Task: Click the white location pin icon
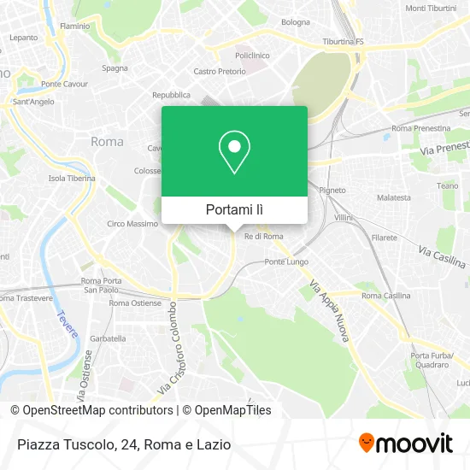coord(234,153)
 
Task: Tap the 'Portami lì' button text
coord(234,209)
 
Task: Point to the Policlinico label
coord(251,54)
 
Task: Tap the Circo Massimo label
coord(132,224)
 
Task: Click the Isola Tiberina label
coord(72,179)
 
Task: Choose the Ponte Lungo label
coord(286,261)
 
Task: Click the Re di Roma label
coord(263,236)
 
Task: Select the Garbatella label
coord(108,338)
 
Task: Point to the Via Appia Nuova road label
coord(329,311)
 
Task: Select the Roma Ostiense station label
coord(135,303)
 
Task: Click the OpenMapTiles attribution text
coord(226,410)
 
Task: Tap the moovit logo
coord(405,443)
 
